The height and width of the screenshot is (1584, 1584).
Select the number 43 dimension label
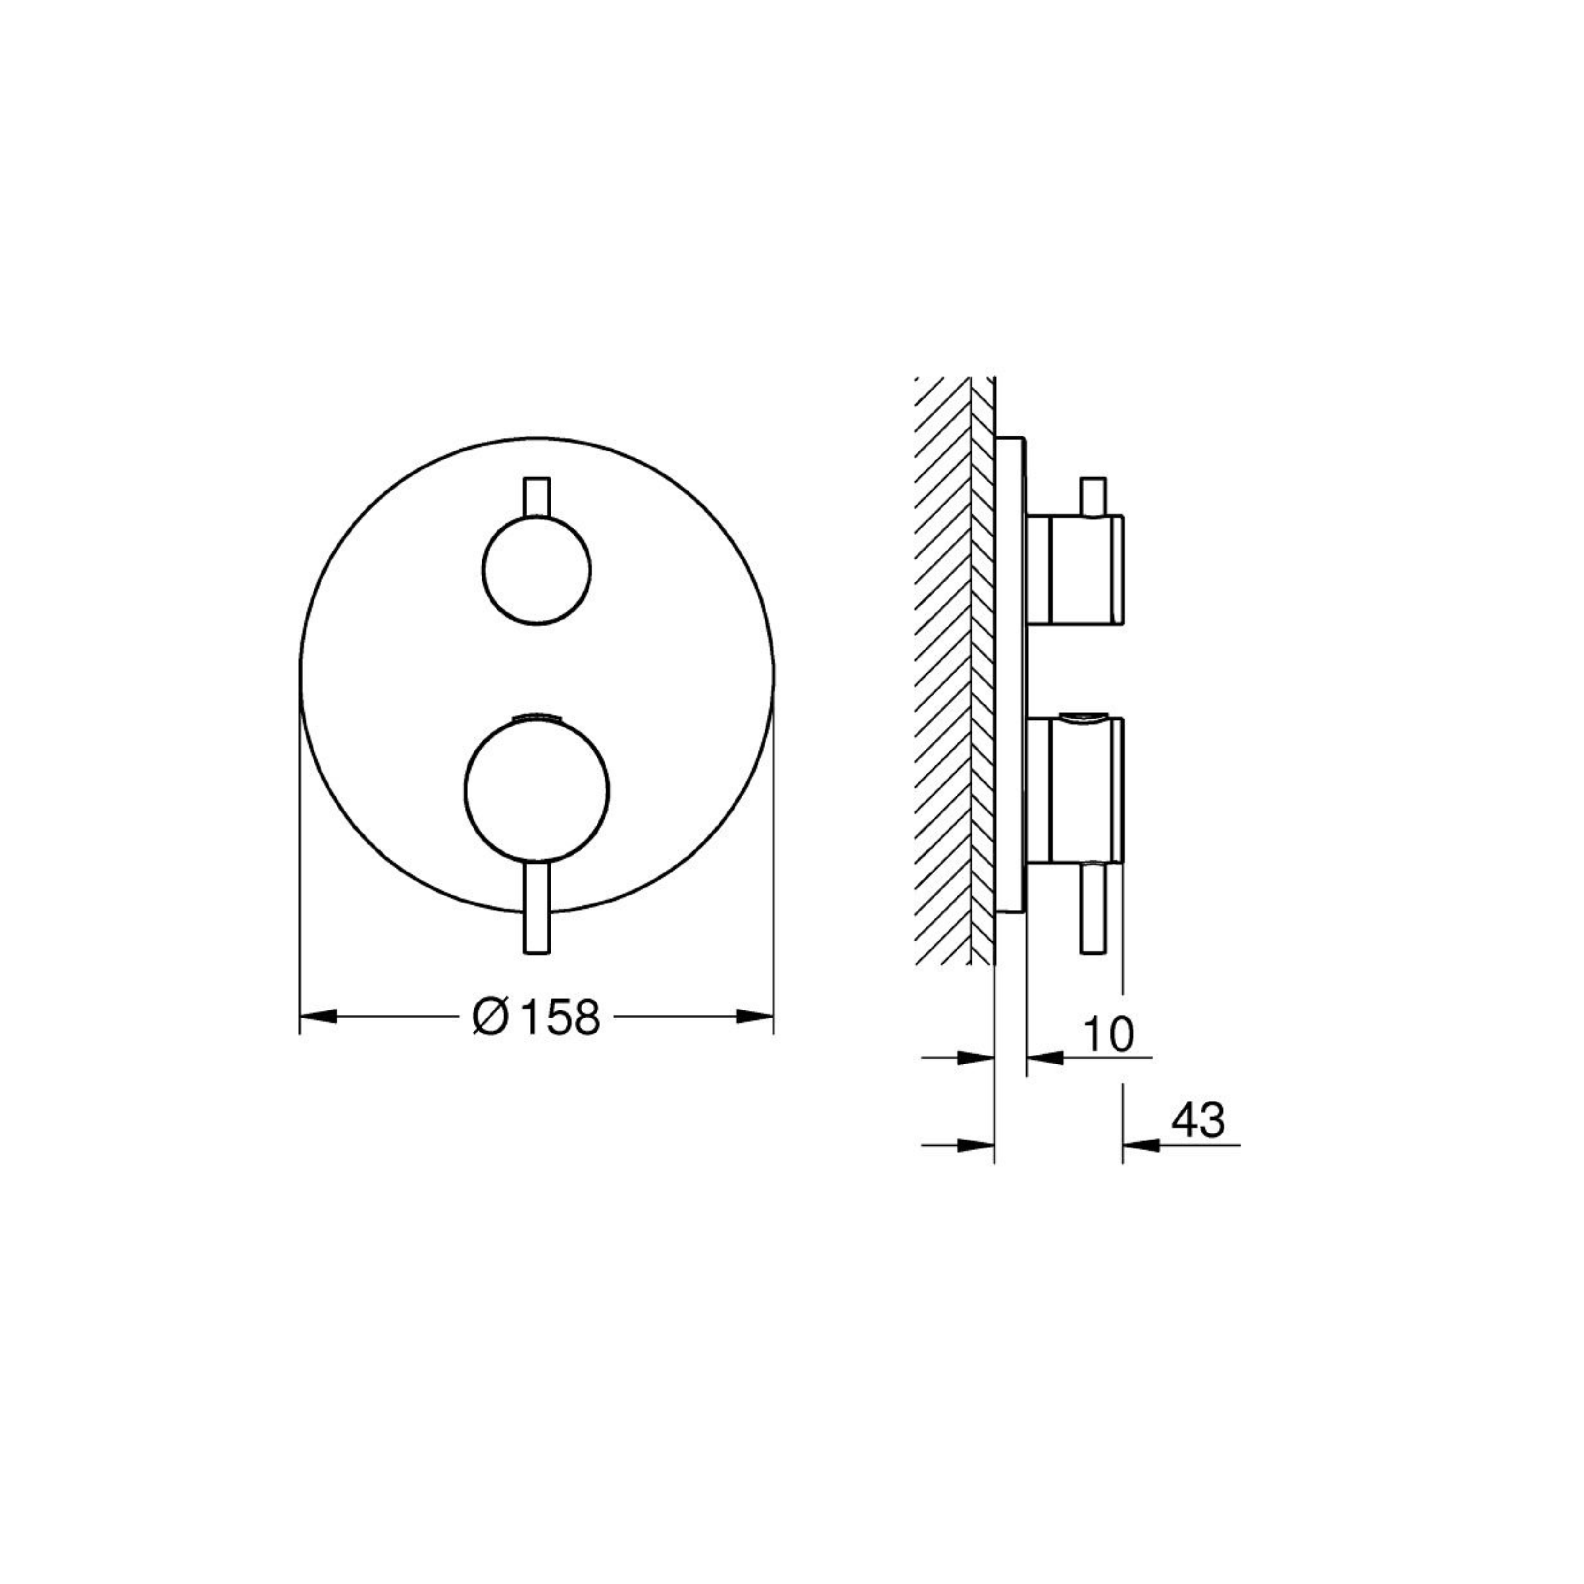click(x=1198, y=1120)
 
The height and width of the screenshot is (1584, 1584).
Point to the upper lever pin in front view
click(x=537, y=497)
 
